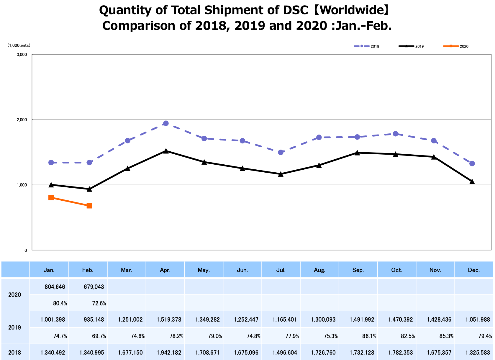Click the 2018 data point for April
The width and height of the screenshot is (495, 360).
166,123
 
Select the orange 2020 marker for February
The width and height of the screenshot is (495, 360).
89,206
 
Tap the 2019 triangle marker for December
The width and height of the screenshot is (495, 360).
472,181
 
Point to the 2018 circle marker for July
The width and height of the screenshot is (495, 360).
281,152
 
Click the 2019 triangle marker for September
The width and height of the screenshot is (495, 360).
357,153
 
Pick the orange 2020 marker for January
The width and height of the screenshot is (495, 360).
51,197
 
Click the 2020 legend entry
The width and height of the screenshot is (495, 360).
456,46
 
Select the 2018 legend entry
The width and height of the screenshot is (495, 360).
367,46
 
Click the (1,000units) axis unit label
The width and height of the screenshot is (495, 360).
19,45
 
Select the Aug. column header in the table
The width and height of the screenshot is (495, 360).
319,270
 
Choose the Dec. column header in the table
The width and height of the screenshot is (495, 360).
474,270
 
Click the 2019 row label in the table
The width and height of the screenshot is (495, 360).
15,328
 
